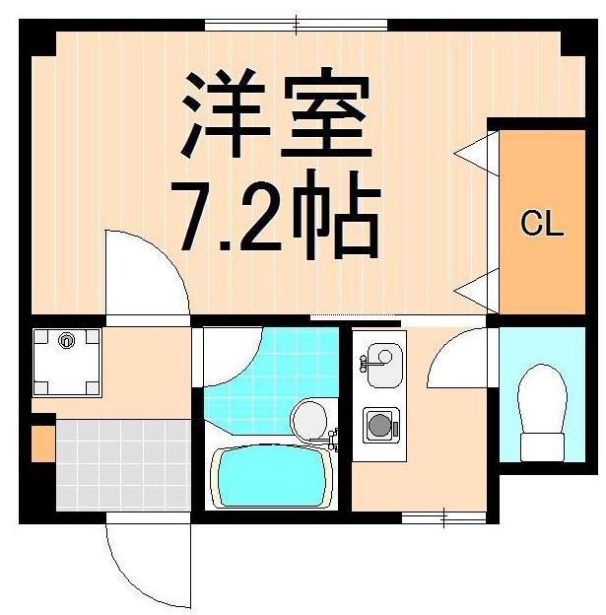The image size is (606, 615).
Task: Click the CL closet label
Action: point(541,225)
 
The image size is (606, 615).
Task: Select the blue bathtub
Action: point(272,477)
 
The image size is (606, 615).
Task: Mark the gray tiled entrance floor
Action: point(122,463)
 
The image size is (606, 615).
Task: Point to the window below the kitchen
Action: point(443,515)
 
